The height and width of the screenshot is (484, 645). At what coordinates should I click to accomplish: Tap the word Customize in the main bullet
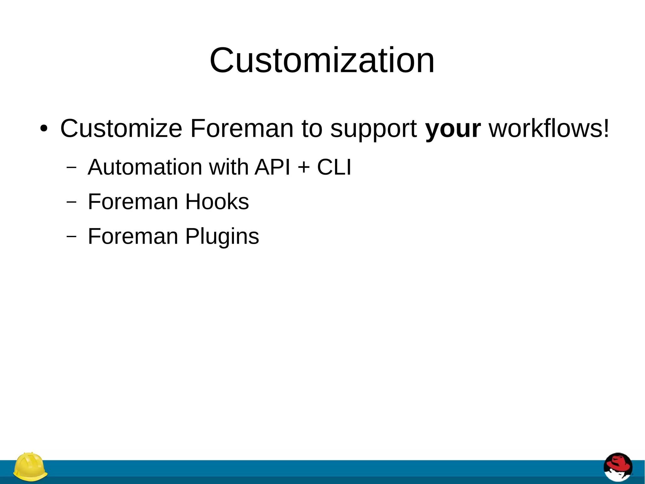click(x=121, y=129)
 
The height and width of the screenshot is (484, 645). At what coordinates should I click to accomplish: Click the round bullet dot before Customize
click(x=44, y=129)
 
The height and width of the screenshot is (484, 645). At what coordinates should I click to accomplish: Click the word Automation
click(x=145, y=167)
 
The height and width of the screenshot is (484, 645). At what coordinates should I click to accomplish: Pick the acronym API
click(x=272, y=167)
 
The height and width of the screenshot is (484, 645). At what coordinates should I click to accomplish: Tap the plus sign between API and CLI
click(x=304, y=167)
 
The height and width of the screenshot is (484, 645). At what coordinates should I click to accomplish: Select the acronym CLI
click(x=334, y=167)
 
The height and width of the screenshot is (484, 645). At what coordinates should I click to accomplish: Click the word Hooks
click(x=217, y=201)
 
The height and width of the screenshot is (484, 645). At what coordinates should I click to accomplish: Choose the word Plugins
click(x=222, y=237)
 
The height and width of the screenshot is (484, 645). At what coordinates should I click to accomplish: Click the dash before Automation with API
click(x=71, y=167)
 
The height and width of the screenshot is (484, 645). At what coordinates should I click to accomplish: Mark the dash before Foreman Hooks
click(x=71, y=202)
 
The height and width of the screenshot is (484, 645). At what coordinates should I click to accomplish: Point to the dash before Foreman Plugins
click(x=71, y=236)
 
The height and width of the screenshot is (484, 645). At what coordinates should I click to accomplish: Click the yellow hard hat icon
click(x=30, y=467)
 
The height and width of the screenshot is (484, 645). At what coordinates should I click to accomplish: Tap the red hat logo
click(x=618, y=467)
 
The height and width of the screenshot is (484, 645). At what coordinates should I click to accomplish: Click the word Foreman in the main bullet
click(x=242, y=129)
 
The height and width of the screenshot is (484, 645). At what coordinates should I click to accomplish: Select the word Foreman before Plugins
click(x=133, y=236)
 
